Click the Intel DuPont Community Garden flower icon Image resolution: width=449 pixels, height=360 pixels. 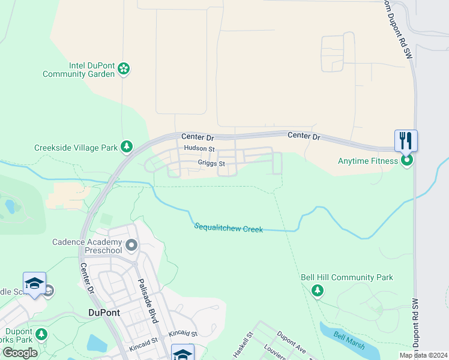124,69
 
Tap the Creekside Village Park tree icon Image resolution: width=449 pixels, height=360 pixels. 126,146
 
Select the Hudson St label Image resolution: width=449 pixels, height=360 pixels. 199,148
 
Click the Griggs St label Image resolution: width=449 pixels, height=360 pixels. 211,163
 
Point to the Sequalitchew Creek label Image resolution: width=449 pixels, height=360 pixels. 228,227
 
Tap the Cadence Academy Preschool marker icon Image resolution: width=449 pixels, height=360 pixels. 132,245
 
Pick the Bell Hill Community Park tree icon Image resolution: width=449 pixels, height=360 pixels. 317,290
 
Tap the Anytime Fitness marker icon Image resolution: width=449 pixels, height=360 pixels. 406,160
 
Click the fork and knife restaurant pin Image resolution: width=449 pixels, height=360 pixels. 406,141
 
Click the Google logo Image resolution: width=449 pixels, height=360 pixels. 20,352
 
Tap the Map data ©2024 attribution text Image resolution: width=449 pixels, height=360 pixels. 424,355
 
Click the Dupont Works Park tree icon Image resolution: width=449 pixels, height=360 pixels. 41,334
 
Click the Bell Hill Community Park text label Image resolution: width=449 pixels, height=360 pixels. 347,277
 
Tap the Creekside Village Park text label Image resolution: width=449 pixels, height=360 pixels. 76,147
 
